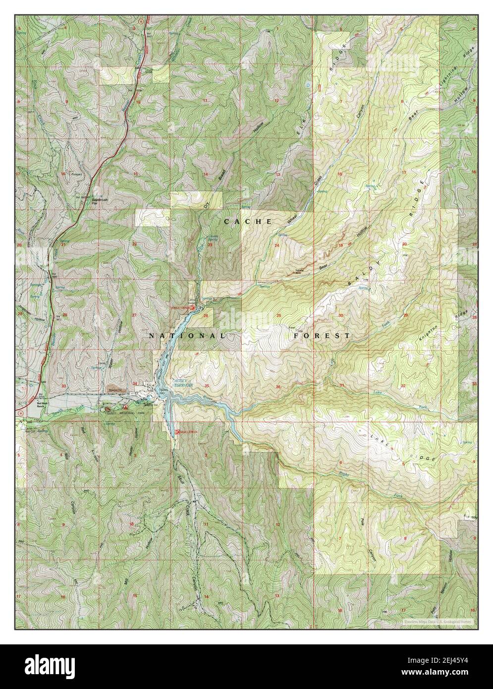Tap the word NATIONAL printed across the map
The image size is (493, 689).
pos(186,336)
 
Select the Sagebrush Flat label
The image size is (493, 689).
pos(86,201)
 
